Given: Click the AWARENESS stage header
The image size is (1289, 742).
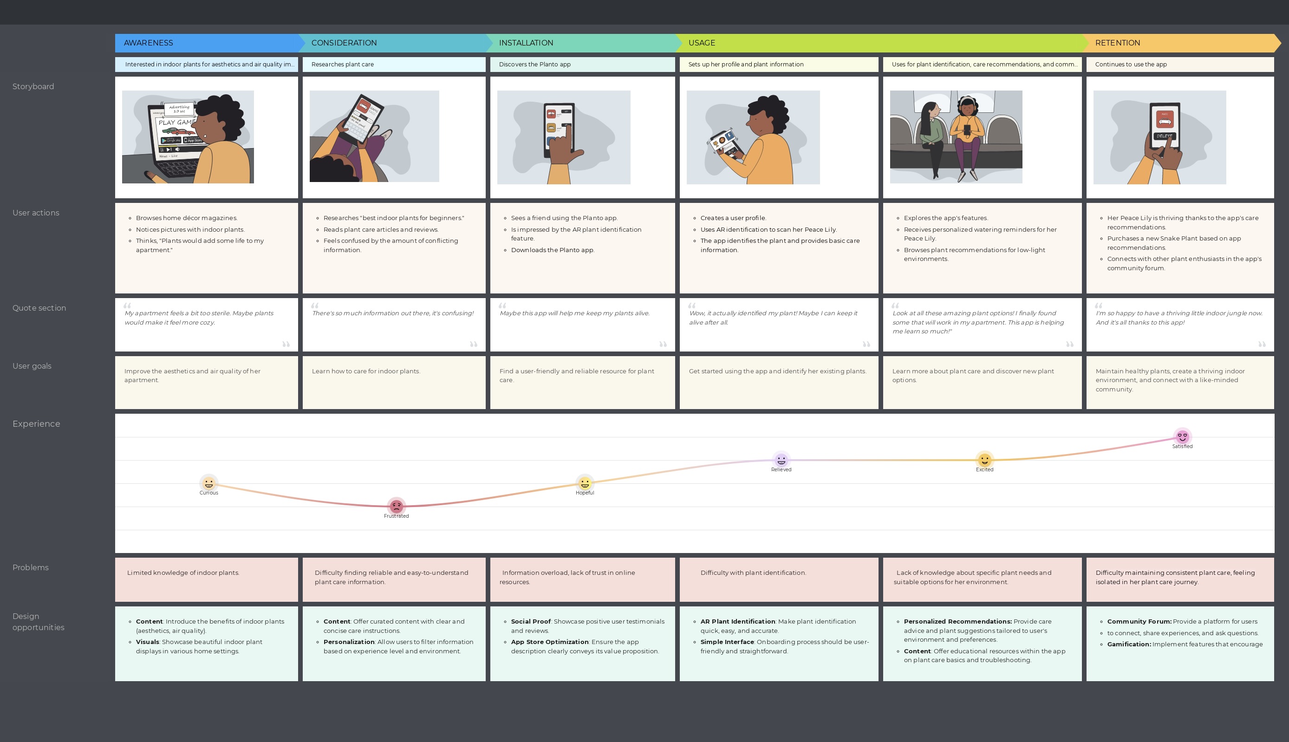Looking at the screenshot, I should coord(149,43).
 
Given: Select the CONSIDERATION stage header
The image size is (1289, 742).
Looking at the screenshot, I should coord(344,43).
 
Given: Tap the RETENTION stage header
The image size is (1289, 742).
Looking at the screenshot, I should coord(1117,43).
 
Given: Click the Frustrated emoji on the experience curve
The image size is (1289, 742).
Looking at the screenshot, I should coord(397,506).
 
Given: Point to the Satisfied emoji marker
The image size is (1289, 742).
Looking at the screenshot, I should coord(1182,437).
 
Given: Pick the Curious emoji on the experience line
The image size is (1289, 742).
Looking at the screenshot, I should coord(208,482).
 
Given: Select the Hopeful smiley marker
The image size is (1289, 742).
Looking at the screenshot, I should coord(585,482).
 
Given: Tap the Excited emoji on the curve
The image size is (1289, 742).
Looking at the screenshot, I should coord(984,460).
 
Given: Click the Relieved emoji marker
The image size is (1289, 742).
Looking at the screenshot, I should coord(781,460).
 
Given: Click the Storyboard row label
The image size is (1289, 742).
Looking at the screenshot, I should coord(33,87).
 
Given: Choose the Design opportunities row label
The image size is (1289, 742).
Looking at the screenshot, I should coord(38,622).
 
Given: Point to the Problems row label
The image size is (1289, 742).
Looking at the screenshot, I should coord(31,568).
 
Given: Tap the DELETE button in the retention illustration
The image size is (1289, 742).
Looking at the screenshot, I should coord(1164,137).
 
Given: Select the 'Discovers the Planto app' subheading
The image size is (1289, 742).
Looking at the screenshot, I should coord(534,65).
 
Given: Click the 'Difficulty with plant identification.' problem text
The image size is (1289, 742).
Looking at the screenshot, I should coord(753,573).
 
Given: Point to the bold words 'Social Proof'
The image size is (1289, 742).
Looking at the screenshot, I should coord(530,622).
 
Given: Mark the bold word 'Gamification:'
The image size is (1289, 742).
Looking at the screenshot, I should coord(1128,644).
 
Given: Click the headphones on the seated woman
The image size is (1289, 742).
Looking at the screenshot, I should coord(966,100).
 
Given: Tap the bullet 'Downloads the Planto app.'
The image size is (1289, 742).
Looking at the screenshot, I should coord(552,250).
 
